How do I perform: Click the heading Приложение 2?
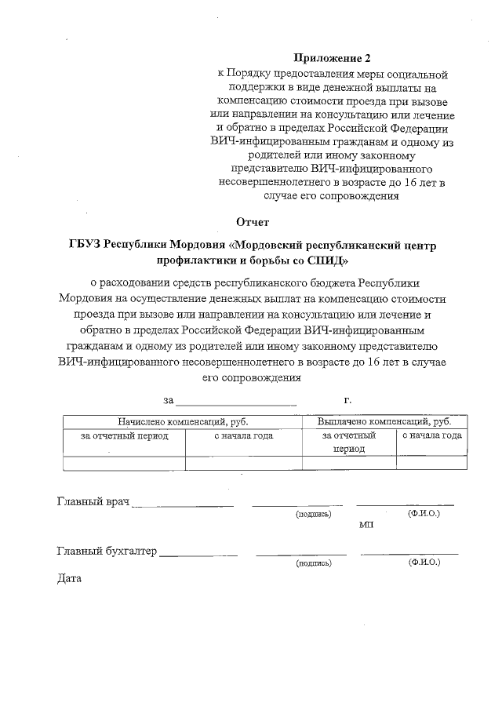[331, 58]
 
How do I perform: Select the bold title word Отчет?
[253, 222]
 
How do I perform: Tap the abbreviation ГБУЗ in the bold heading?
[84, 246]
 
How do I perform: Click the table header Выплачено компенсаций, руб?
[384, 421]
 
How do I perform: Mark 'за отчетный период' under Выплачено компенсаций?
[349, 442]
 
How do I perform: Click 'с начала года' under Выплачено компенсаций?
[431, 435]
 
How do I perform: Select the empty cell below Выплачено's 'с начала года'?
[431, 463]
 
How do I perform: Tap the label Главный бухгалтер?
[107, 551]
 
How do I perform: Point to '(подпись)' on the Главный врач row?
[313, 515]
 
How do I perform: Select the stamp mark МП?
[366, 524]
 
